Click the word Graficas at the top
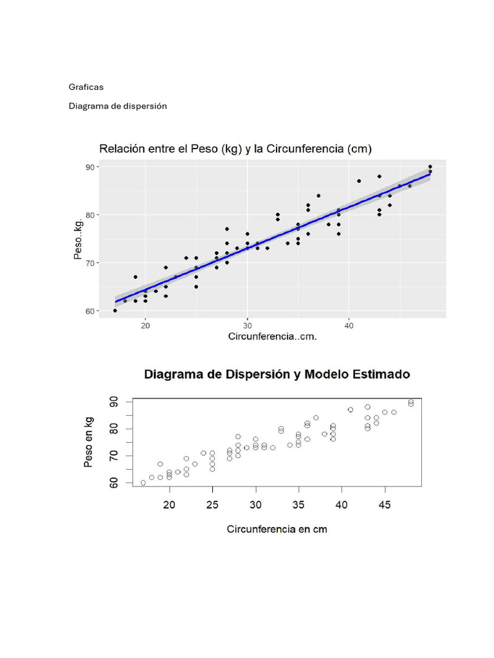tap(86, 87)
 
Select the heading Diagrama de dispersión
tap(118, 106)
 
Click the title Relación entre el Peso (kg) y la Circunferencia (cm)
tap(235, 149)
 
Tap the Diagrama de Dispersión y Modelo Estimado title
tap(277, 374)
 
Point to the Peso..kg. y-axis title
tap(78, 238)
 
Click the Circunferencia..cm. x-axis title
tap(273, 337)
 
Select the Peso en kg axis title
tap(89, 441)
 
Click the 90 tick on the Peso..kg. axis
tap(90, 167)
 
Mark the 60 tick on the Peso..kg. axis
tap(90, 311)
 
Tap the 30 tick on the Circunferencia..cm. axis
tap(247, 325)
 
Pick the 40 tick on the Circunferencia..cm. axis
tap(349, 325)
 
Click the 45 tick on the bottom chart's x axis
tap(385, 505)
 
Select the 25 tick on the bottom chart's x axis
tap(212, 505)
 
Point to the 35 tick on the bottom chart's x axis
tap(298, 505)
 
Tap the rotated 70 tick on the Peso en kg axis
tap(113, 456)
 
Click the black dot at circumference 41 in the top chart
tap(359, 181)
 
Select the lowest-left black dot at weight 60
tap(115, 310)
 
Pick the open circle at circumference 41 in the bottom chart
tap(351, 410)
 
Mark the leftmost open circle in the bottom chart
tap(143, 483)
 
